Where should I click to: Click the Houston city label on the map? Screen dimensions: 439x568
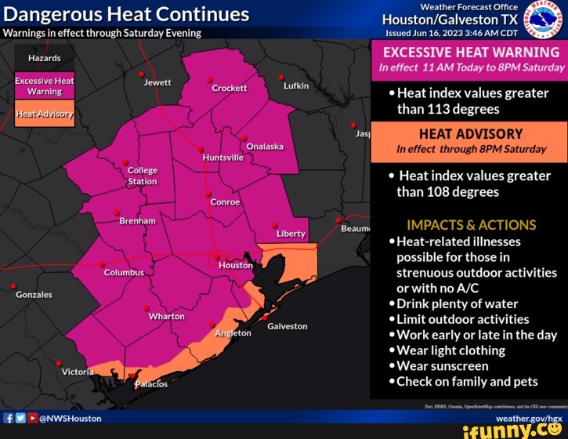point(236,265)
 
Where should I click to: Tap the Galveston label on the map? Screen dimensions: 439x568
point(288,326)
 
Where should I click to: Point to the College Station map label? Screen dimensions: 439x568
point(143,176)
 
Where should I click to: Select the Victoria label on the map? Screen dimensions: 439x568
point(78,372)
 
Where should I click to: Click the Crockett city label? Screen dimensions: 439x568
point(230,89)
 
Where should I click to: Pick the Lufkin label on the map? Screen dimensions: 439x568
point(296,85)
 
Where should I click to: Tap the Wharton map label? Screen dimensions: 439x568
point(167,317)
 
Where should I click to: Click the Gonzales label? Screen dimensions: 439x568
point(34,295)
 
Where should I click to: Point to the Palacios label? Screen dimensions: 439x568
point(151,384)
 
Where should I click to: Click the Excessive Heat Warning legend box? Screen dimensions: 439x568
point(45,86)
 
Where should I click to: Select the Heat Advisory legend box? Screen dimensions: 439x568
point(45,114)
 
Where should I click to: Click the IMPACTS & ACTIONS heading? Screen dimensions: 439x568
point(472,225)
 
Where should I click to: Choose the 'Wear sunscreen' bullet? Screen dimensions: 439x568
point(442,366)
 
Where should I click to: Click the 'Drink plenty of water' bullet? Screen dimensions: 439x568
point(457,303)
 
